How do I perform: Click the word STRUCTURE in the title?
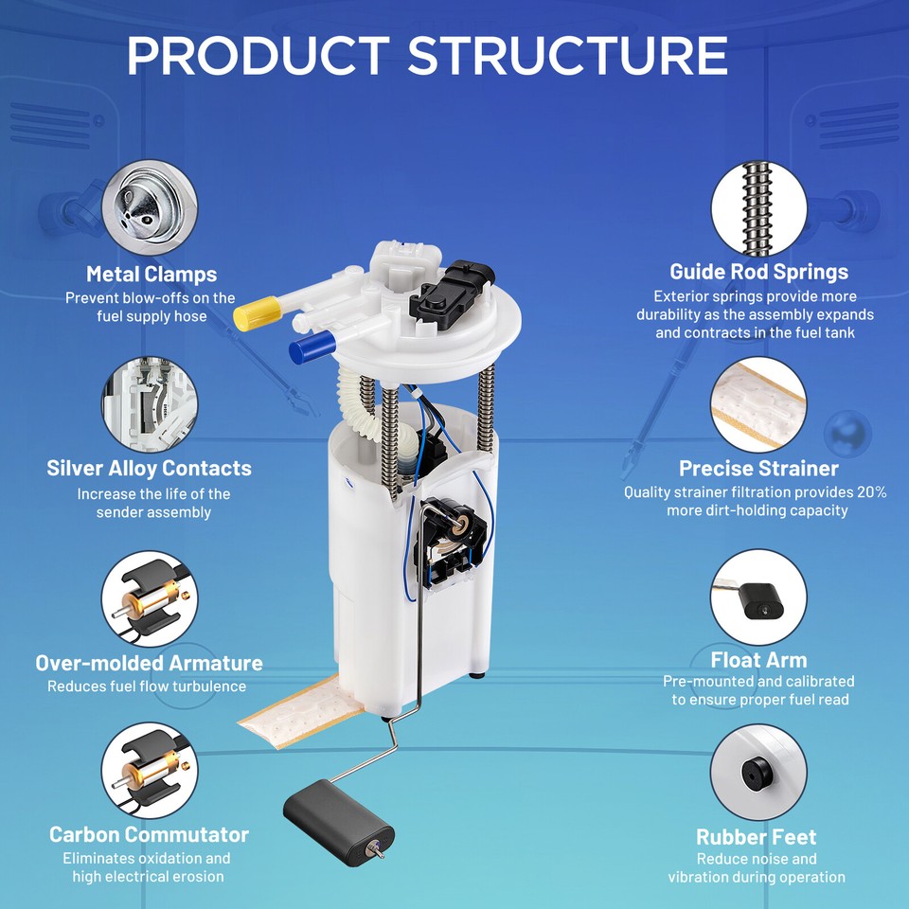tap(568, 56)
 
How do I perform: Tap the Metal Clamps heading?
tap(151, 275)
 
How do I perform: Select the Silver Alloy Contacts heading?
tap(149, 469)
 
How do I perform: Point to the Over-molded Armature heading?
tap(149, 663)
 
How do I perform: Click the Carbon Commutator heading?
tap(149, 835)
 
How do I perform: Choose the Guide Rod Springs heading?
tap(758, 272)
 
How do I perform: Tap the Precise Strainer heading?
tap(758, 469)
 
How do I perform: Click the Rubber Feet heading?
tap(756, 837)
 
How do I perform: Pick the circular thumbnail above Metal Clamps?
tap(150, 207)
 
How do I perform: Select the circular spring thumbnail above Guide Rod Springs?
tap(758, 208)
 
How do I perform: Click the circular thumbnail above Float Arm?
tap(758, 597)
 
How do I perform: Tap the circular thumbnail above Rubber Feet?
tap(758, 773)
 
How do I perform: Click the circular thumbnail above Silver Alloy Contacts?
tap(150, 404)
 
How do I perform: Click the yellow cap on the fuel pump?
tap(257, 313)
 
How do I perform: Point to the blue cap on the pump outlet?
tap(312, 347)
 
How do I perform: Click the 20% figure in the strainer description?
tap(871, 492)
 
